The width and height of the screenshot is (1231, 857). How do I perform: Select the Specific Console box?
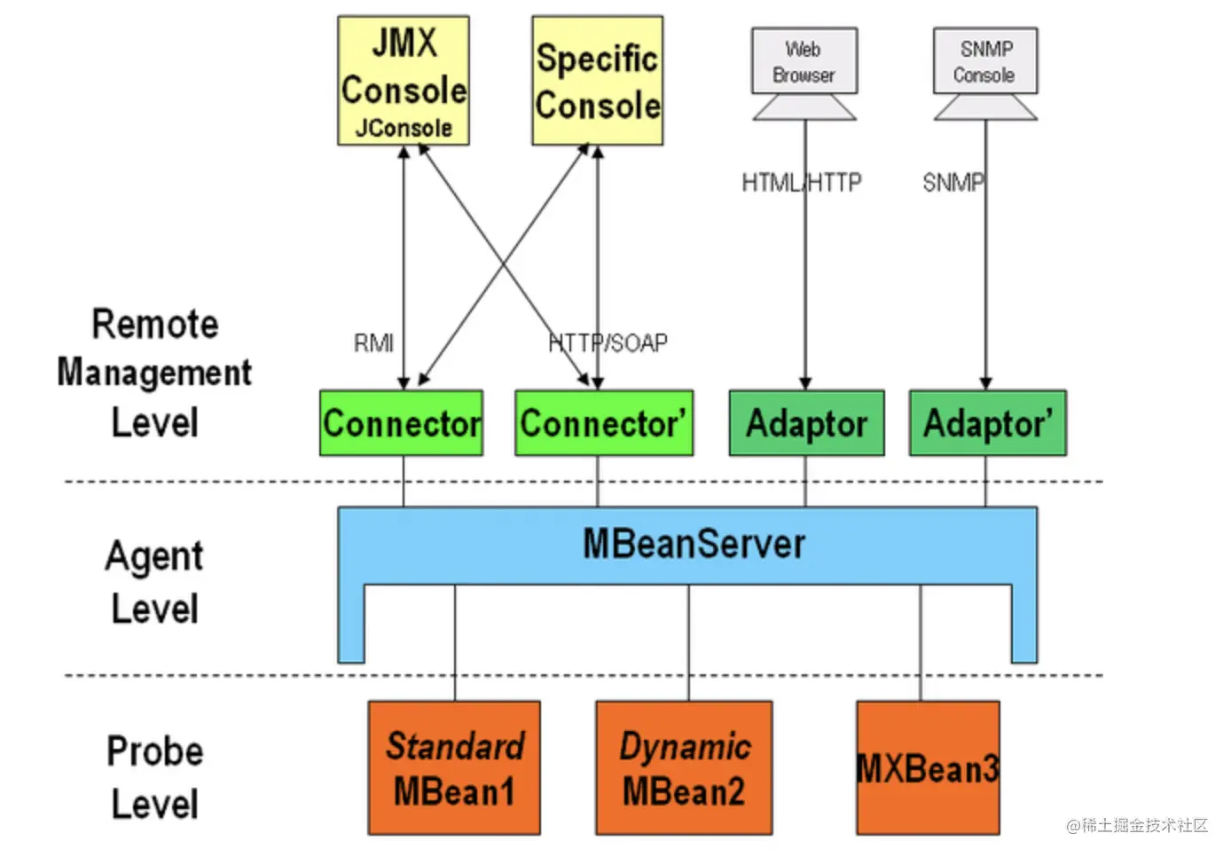pos(597,80)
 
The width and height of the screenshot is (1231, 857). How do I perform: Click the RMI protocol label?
pos(373,343)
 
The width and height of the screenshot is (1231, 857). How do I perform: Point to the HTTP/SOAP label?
pos(608,342)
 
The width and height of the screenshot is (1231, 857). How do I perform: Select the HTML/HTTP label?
pos(801,183)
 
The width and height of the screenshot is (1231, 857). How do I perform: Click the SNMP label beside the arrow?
pos(953,183)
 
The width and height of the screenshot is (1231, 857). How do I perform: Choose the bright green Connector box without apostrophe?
pos(401,423)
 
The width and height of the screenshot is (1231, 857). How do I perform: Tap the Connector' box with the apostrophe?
pos(603,423)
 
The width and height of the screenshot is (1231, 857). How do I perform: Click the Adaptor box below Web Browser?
pos(806,423)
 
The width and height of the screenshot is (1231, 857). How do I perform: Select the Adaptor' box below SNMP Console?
pos(987,423)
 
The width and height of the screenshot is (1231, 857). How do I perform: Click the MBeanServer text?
pos(694,544)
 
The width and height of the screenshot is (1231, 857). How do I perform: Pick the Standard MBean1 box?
pos(454,768)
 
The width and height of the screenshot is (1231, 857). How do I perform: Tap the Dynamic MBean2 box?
pos(684,768)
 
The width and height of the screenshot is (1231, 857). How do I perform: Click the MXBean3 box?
pos(928,768)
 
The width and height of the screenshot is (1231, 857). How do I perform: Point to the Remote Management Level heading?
pos(154,373)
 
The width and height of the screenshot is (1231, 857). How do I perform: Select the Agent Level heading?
pos(154,582)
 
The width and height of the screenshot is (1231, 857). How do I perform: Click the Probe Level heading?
pos(154,777)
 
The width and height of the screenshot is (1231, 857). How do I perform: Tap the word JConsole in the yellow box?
pos(404,129)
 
